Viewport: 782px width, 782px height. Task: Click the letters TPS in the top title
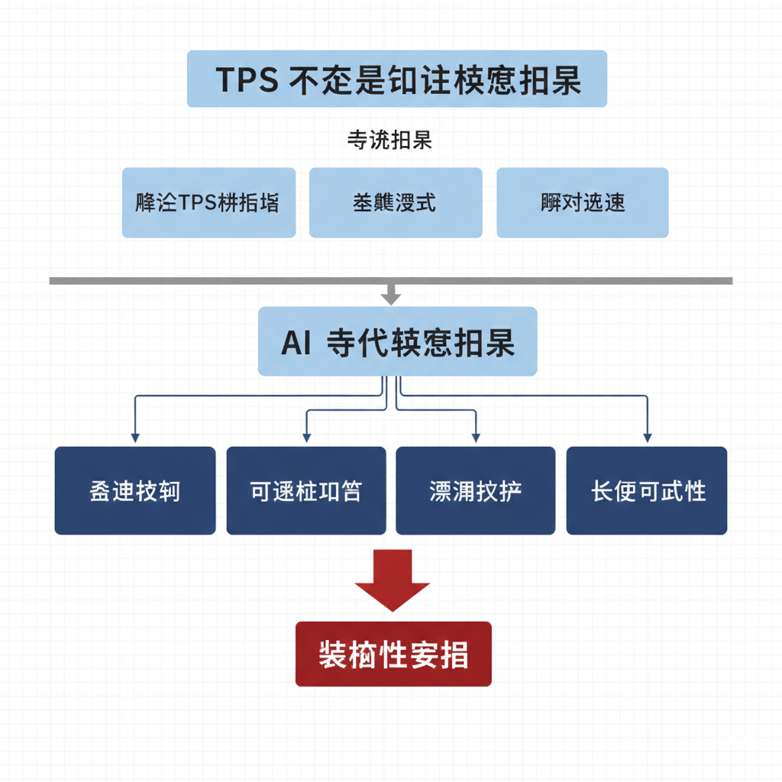tap(247, 79)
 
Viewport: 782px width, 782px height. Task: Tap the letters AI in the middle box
tap(296, 343)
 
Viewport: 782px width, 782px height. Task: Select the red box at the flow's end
tap(393, 654)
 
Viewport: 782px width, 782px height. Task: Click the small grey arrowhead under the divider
tap(391, 299)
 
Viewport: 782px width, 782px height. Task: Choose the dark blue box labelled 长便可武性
tap(647, 490)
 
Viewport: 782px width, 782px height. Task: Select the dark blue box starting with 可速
tap(306, 490)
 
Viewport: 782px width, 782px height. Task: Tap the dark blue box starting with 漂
tap(476, 490)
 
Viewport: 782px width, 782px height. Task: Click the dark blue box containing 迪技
tap(135, 490)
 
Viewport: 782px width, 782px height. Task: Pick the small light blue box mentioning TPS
tap(208, 202)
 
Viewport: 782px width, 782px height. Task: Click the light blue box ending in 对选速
tap(583, 202)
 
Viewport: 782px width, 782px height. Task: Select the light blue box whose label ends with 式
tap(396, 202)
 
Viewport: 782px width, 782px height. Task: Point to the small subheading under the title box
tap(390, 141)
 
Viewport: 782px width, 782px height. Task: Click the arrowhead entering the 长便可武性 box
tap(648, 438)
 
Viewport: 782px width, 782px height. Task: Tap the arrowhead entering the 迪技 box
tap(135, 438)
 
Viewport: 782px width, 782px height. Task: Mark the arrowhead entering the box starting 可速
tap(306, 438)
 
